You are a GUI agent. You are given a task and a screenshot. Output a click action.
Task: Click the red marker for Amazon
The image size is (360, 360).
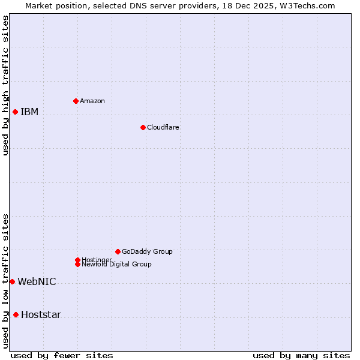[x=76, y=101]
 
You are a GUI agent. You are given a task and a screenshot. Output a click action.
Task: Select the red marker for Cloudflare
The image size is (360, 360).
[x=143, y=127]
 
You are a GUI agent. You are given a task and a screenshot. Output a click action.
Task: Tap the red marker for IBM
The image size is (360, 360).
[x=15, y=112]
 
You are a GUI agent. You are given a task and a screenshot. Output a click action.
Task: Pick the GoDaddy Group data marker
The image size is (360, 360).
[x=118, y=251]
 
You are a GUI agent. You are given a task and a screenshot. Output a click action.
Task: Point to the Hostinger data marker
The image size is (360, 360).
[x=77, y=260]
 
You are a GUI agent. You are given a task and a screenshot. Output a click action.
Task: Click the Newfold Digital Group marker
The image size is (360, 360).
[x=78, y=264]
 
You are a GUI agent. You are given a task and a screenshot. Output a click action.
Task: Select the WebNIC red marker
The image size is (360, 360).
[x=12, y=281]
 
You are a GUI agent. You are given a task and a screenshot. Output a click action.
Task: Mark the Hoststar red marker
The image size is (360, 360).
[x=16, y=314]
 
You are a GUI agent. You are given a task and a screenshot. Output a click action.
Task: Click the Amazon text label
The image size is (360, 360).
[x=92, y=101]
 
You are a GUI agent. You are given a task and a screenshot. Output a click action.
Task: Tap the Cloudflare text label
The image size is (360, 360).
[x=163, y=127]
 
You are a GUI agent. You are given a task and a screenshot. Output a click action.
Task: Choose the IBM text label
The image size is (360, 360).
[x=29, y=112]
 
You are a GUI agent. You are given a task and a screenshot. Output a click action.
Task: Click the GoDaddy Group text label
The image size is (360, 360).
[x=147, y=251]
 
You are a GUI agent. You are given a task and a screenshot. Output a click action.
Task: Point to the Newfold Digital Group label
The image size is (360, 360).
[x=116, y=265]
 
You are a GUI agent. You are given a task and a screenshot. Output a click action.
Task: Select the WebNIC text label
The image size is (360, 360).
[x=37, y=281]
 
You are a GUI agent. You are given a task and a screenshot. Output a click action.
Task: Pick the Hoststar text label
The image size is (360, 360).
[x=41, y=314]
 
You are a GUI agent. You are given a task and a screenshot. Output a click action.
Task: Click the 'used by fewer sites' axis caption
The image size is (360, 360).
[x=62, y=355]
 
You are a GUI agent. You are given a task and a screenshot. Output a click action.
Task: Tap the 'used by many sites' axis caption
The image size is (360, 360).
[x=301, y=355]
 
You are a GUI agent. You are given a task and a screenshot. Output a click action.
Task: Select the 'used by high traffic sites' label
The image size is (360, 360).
[x=5, y=85]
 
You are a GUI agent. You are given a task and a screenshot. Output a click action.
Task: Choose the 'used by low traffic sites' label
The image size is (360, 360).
[x=5, y=281]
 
